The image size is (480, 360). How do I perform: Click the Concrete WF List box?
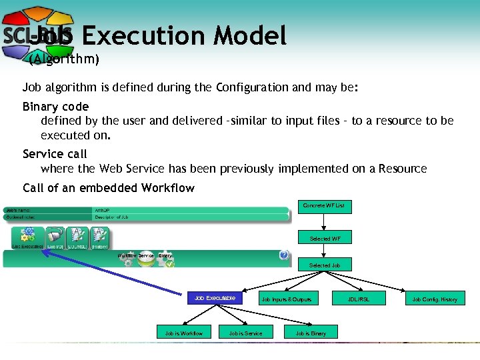[323, 206]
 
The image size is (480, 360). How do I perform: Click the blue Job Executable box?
[215, 298]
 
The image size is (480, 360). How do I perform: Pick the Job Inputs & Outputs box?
[286, 299]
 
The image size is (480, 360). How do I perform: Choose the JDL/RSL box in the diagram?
[358, 299]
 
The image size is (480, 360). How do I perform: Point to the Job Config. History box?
[435, 299]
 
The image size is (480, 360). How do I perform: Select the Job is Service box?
[245, 333]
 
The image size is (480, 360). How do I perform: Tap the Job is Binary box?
[311, 333]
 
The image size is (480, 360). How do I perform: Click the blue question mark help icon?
[284, 255]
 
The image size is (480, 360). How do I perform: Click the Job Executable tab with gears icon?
[28, 237]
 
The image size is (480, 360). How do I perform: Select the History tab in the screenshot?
[99, 237]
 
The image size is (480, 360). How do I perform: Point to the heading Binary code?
[55, 107]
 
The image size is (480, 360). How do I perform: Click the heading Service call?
[55, 154]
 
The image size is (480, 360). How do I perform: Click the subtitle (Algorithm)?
[65, 60]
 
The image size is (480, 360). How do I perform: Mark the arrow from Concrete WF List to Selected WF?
[323, 222]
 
